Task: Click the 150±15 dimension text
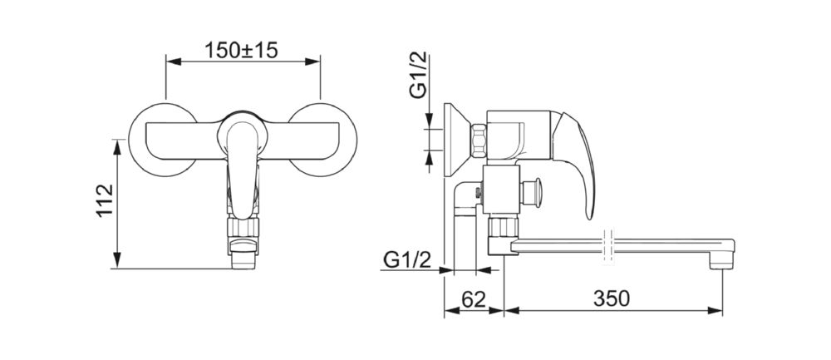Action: pos(241,51)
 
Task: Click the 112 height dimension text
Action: pos(106,200)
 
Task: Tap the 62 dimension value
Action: pos(474,299)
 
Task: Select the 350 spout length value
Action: pos(612,299)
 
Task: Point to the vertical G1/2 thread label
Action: pos(419,74)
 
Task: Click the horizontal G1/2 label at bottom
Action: pos(407,260)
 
